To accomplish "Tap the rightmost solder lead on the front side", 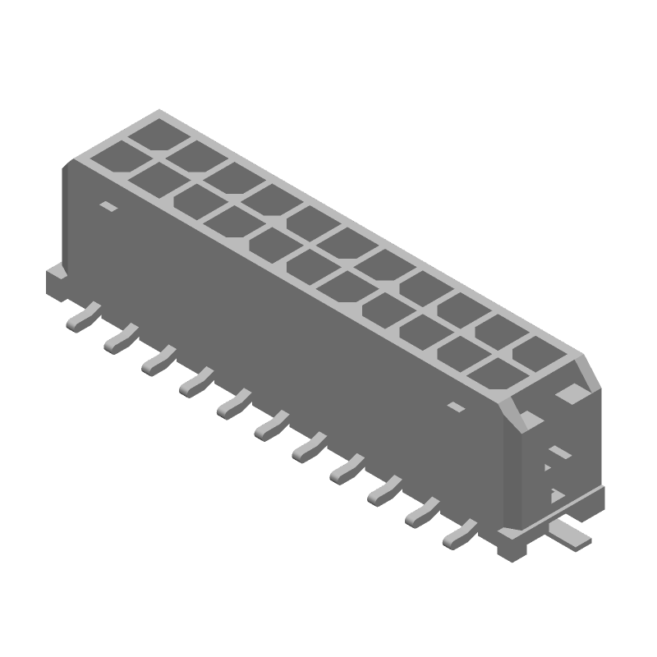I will tap(458, 535).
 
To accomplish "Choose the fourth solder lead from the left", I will tap(195, 381).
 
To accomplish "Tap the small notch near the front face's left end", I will tap(107, 206).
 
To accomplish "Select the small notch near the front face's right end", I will tap(454, 407).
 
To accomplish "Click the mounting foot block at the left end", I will tap(56, 280).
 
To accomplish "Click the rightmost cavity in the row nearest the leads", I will tap(496, 376).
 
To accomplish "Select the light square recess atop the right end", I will tap(572, 395).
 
